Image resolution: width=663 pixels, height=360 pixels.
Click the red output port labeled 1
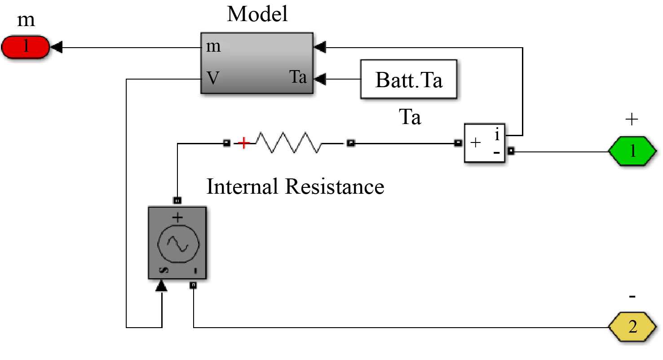[x=26, y=47]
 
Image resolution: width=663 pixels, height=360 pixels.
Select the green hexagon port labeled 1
[x=632, y=151]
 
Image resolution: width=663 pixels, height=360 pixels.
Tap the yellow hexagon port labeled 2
[x=632, y=327]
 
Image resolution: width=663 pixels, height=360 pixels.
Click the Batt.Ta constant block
[x=409, y=80]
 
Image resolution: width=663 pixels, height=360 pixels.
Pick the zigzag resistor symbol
[x=288, y=143]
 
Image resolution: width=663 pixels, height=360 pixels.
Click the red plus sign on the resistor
[x=243, y=143]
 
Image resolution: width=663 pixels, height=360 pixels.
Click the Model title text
[x=257, y=14]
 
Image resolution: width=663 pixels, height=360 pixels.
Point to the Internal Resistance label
[x=295, y=186]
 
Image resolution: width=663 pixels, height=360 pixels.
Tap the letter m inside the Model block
[x=213, y=47]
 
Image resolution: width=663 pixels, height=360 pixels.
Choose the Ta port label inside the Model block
[x=297, y=77]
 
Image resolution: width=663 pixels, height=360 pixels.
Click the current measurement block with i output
[x=484, y=142]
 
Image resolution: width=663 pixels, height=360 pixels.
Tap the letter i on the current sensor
[x=497, y=134]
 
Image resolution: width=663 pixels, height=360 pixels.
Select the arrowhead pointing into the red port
[x=57, y=47]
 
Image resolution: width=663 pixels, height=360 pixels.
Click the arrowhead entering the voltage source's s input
[x=161, y=286]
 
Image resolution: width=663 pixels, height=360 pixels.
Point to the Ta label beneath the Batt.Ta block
[x=410, y=117]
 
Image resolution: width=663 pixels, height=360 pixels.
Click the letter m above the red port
[x=26, y=20]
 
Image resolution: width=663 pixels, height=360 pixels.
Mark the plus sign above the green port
[x=631, y=119]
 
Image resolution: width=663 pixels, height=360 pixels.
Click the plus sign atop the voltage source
[x=178, y=218]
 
